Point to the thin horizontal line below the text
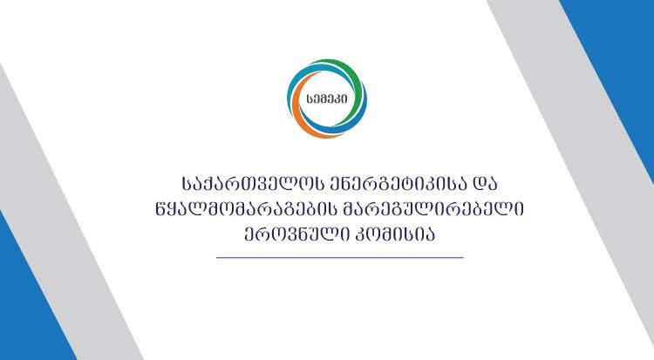339,258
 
